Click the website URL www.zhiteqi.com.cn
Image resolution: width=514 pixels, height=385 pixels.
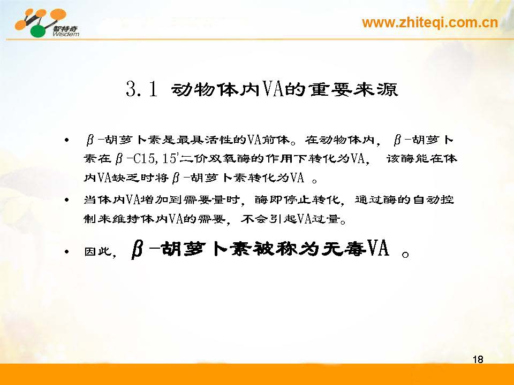[430, 23]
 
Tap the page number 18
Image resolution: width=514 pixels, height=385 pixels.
[478, 359]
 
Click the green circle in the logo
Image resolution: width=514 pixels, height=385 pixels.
[39, 31]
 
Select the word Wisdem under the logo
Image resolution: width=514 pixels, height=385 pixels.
[65, 34]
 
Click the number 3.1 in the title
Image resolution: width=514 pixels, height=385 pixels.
[141, 89]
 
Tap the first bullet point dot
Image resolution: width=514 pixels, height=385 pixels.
[67, 141]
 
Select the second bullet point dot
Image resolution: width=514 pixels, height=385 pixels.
[67, 199]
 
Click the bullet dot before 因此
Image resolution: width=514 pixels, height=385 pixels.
[67, 252]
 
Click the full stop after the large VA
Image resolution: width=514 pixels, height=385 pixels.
[405, 255]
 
